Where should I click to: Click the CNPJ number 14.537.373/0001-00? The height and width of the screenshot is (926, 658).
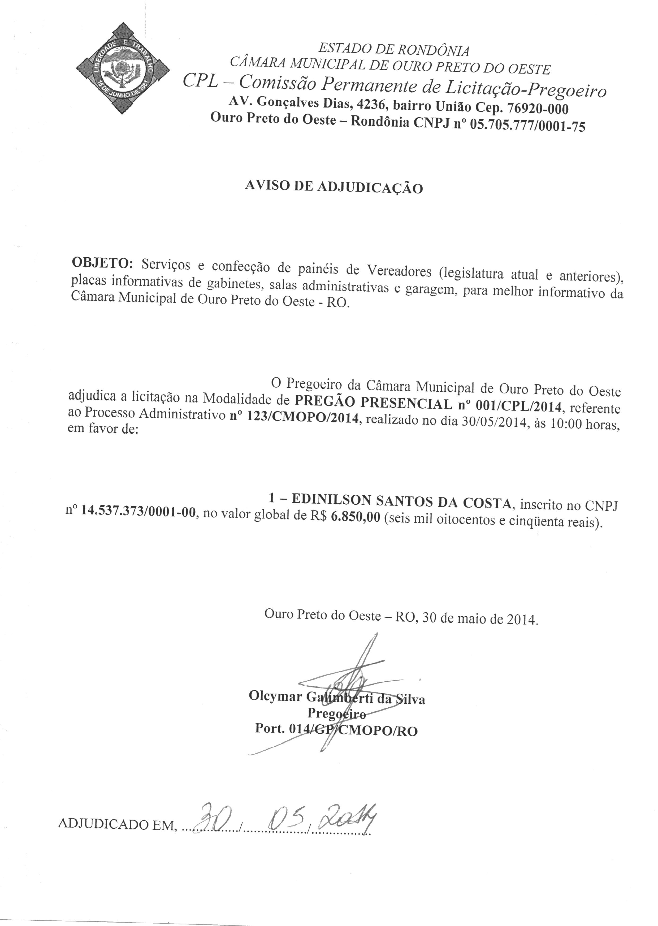pyautogui.click(x=138, y=512)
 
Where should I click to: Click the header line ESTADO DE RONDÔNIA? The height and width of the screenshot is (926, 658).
pyautogui.click(x=394, y=50)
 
